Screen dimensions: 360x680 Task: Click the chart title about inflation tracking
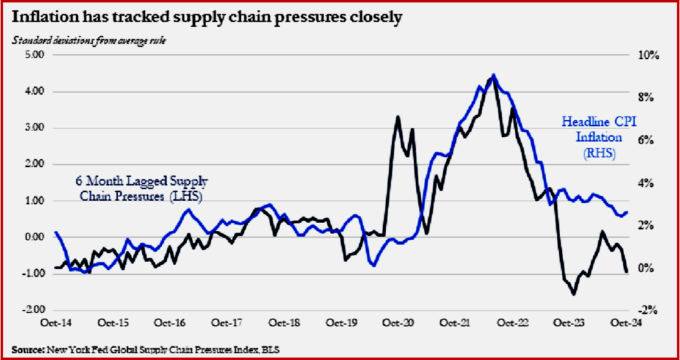(x=206, y=17)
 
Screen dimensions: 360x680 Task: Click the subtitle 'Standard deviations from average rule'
(x=89, y=41)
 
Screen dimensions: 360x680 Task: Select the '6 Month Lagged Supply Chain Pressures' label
(x=141, y=189)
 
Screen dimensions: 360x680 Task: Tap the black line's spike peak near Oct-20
(x=398, y=117)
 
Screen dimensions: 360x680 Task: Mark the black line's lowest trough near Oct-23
(x=574, y=294)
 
